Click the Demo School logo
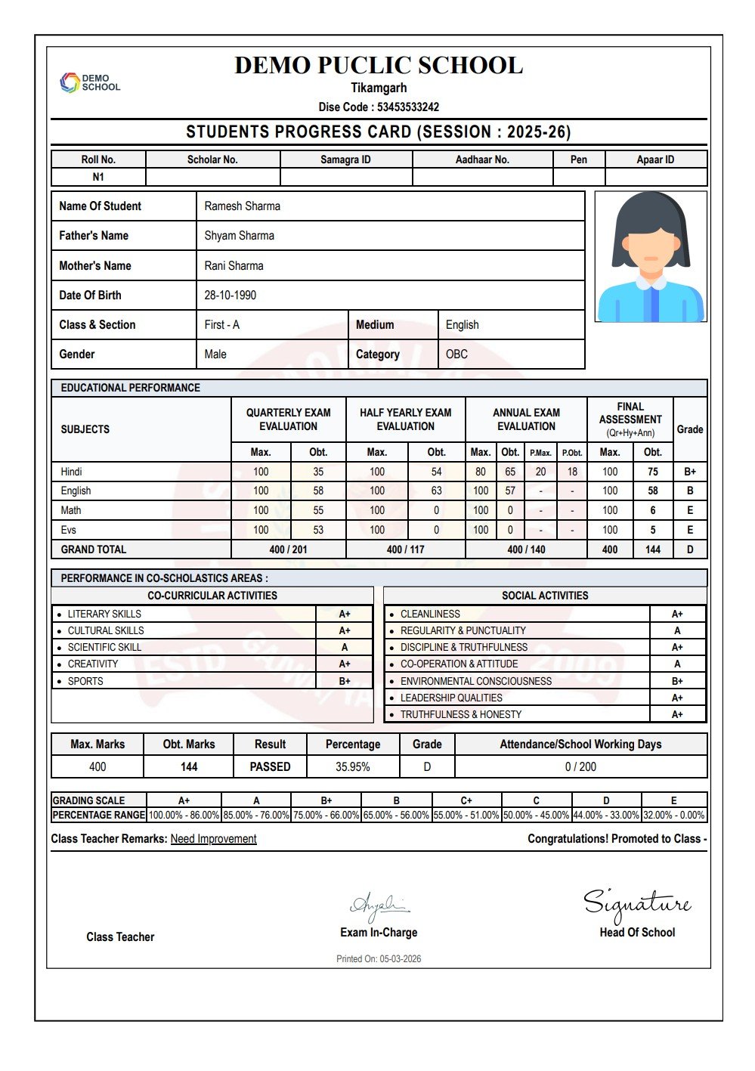89,82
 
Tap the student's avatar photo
650,257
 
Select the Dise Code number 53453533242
408,107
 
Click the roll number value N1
98,177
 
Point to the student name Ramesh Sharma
242,206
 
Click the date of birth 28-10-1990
230,296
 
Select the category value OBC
456,354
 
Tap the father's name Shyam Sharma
239,236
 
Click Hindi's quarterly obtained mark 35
318,472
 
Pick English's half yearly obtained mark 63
436,491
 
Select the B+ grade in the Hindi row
690,472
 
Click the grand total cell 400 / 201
288,549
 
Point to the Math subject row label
71,510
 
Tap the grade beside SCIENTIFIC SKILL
345,648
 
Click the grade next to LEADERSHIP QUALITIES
677,698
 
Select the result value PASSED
270,766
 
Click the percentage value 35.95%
352,766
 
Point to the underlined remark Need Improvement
213,839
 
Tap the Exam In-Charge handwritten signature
379,905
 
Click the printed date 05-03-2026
401,959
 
